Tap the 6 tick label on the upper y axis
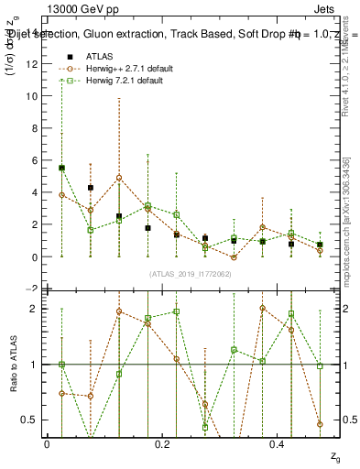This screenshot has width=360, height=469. pyautogui.click(x=36, y=160)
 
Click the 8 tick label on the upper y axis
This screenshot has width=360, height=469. pyautogui.click(x=36, y=128)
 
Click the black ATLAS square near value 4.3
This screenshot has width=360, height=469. pyautogui.click(x=90, y=188)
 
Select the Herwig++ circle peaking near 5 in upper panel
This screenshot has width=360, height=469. pyautogui.click(x=119, y=178)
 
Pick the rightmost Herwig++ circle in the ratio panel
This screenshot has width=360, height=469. pyautogui.click(x=320, y=424)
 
